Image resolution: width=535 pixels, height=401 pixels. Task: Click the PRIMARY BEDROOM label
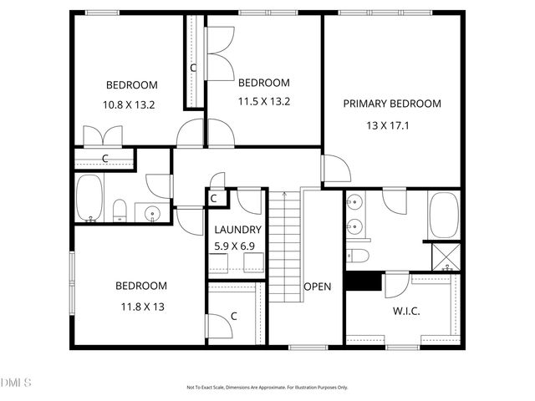pyautogui.click(x=391, y=104)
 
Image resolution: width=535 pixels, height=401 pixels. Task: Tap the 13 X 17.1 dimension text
pyautogui.click(x=391, y=125)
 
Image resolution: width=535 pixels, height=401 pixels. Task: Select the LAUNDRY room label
pyautogui.click(x=237, y=230)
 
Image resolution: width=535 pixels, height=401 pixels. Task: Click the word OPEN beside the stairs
pyautogui.click(x=317, y=287)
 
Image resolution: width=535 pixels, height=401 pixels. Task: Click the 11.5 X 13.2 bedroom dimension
pyautogui.click(x=263, y=103)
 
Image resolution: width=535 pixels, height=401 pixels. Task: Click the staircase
pyautogui.click(x=284, y=246)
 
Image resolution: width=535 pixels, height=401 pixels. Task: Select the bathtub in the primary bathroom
pyautogui.click(x=443, y=216)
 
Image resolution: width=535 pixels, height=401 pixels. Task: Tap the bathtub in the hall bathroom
pyautogui.click(x=89, y=199)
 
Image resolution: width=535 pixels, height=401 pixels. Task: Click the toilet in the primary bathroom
pyautogui.click(x=357, y=255)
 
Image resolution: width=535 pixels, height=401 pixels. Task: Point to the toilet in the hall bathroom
pyautogui.click(x=120, y=211)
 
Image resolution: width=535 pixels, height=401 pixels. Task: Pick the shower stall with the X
pyautogui.click(x=443, y=256)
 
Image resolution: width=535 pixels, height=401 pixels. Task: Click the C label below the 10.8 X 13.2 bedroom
pyautogui.click(x=105, y=158)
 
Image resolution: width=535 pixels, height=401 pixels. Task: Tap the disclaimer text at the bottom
pyautogui.click(x=267, y=388)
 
